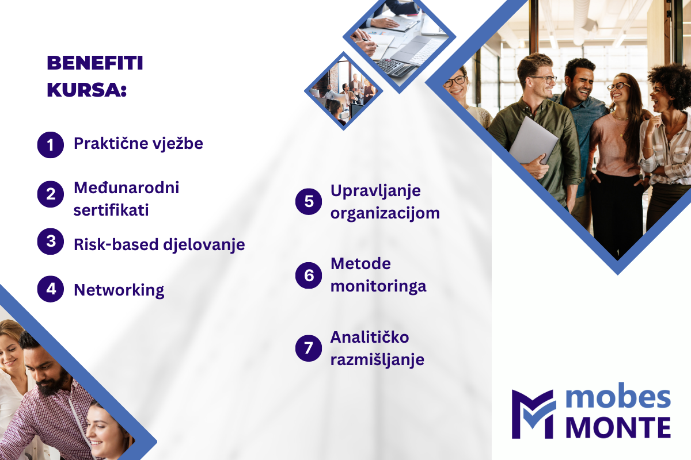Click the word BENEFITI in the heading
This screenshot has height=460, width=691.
click(95, 63)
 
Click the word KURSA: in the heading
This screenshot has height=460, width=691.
click(87, 90)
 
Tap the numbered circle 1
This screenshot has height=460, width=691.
click(51, 145)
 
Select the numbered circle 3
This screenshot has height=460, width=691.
click(51, 241)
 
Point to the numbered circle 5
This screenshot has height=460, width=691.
click(309, 201)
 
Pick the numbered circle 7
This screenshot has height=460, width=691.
click(309, 348)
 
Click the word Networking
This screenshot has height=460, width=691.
click(119, 290)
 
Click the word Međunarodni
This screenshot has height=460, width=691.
click(127, 187)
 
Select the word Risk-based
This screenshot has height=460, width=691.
click(116, 244)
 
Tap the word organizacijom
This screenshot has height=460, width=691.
click(385, 214)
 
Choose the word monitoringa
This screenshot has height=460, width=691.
click(378, 287)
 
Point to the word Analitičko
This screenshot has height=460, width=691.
click(370, 337)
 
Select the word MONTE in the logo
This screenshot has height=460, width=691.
click(618, 428)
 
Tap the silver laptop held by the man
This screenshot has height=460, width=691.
click(533, 140)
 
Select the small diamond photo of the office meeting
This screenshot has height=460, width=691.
click(344, 91)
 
